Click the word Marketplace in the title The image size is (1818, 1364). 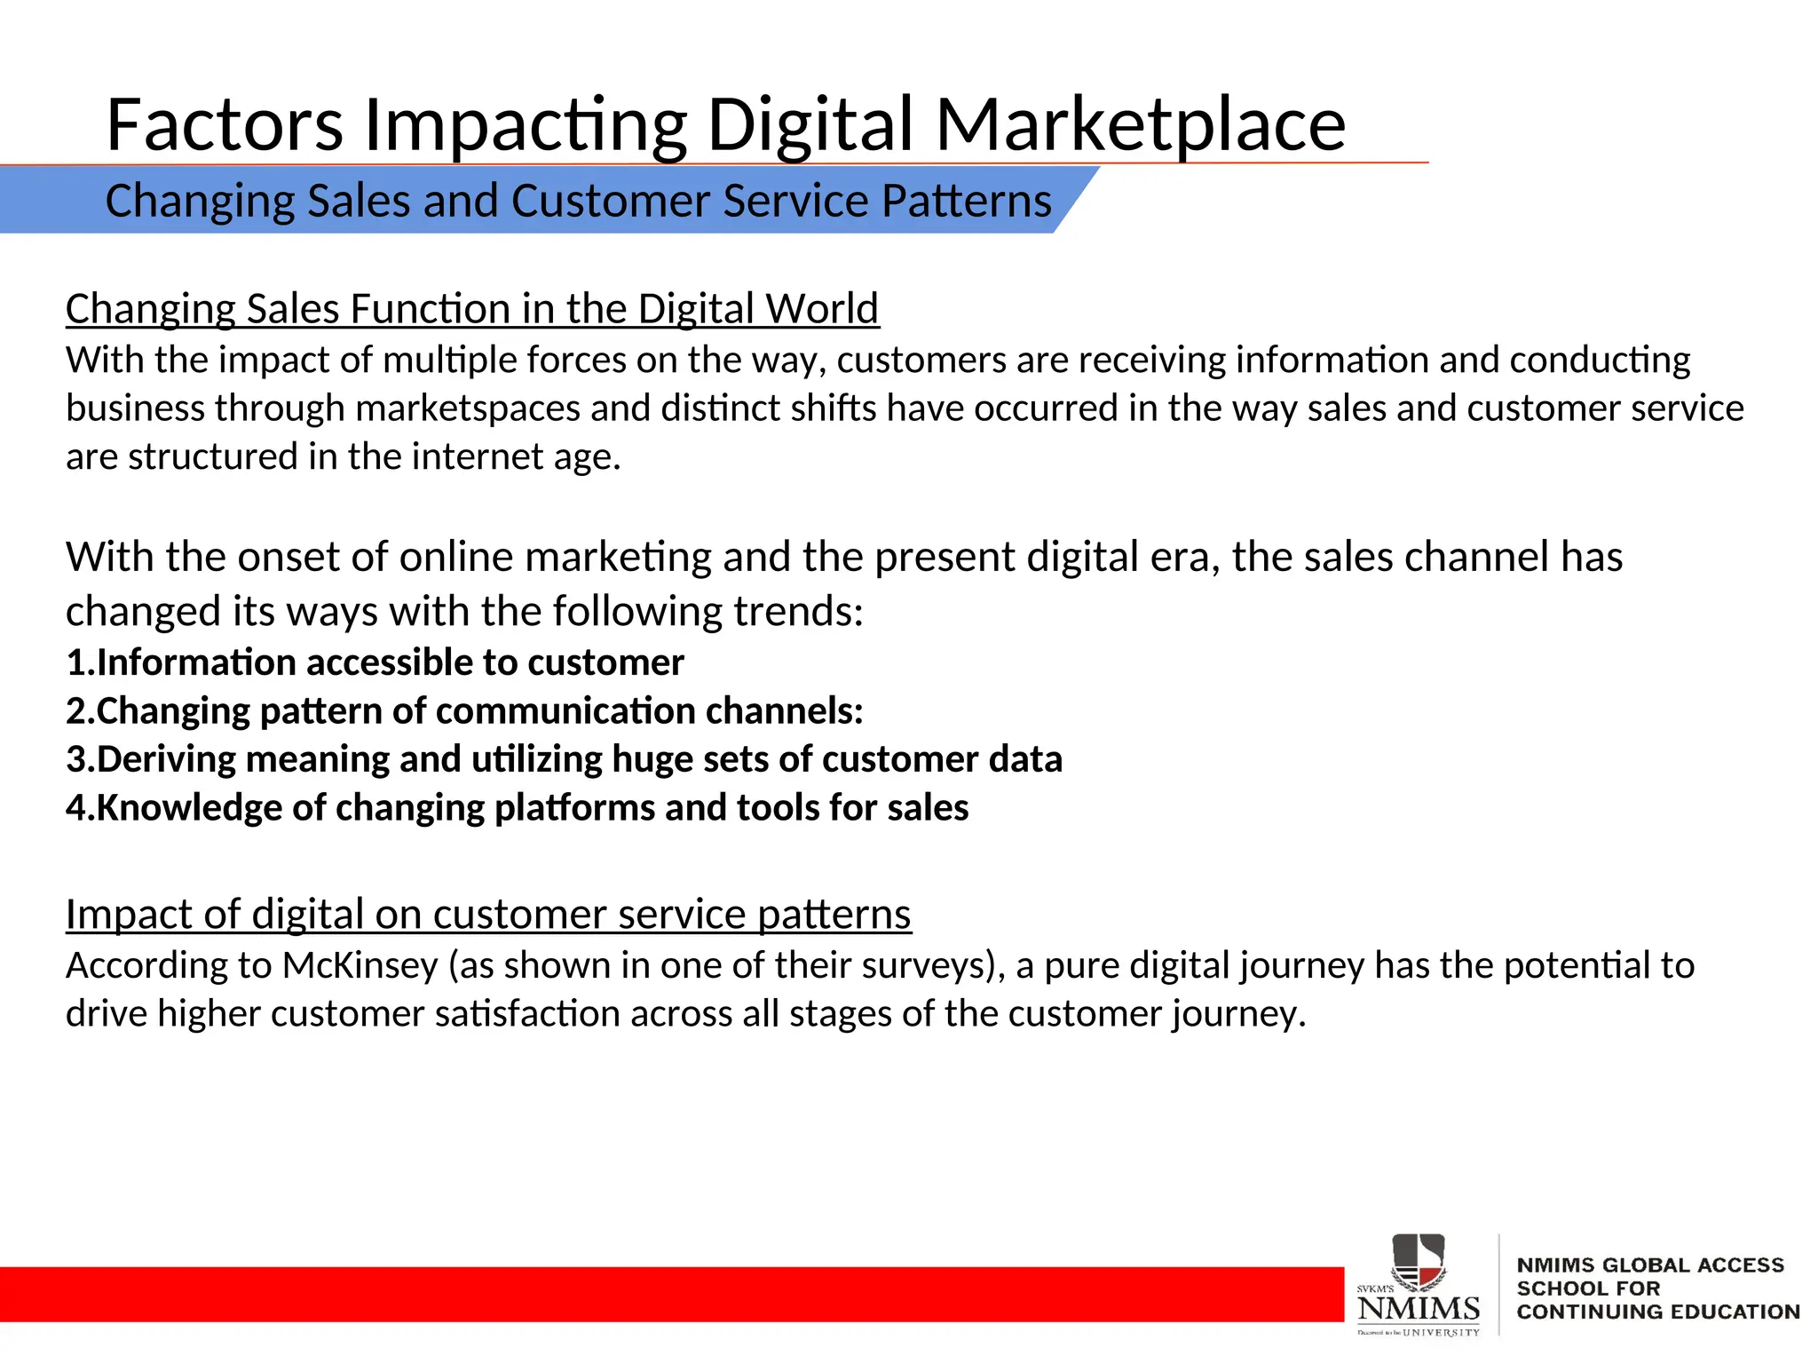point(1140,125)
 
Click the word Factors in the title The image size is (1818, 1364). point(224,125)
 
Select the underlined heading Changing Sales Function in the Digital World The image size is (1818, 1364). point(472,309)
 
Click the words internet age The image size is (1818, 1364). point(515,457)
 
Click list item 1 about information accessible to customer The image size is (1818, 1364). point(375,663)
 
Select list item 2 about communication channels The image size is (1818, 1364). point(464,711)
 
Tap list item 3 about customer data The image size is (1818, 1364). point(564,760)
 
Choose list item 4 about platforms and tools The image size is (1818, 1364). point(517,808)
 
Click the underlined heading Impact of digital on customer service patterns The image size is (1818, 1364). point(488,915)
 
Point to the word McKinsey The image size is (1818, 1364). point(360,966)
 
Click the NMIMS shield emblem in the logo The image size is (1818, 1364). point(1418,1259)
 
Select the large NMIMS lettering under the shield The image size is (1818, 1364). point(1418,1308)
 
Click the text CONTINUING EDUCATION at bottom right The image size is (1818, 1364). point(1657,1312)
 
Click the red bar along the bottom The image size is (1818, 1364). point(666,1294)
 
